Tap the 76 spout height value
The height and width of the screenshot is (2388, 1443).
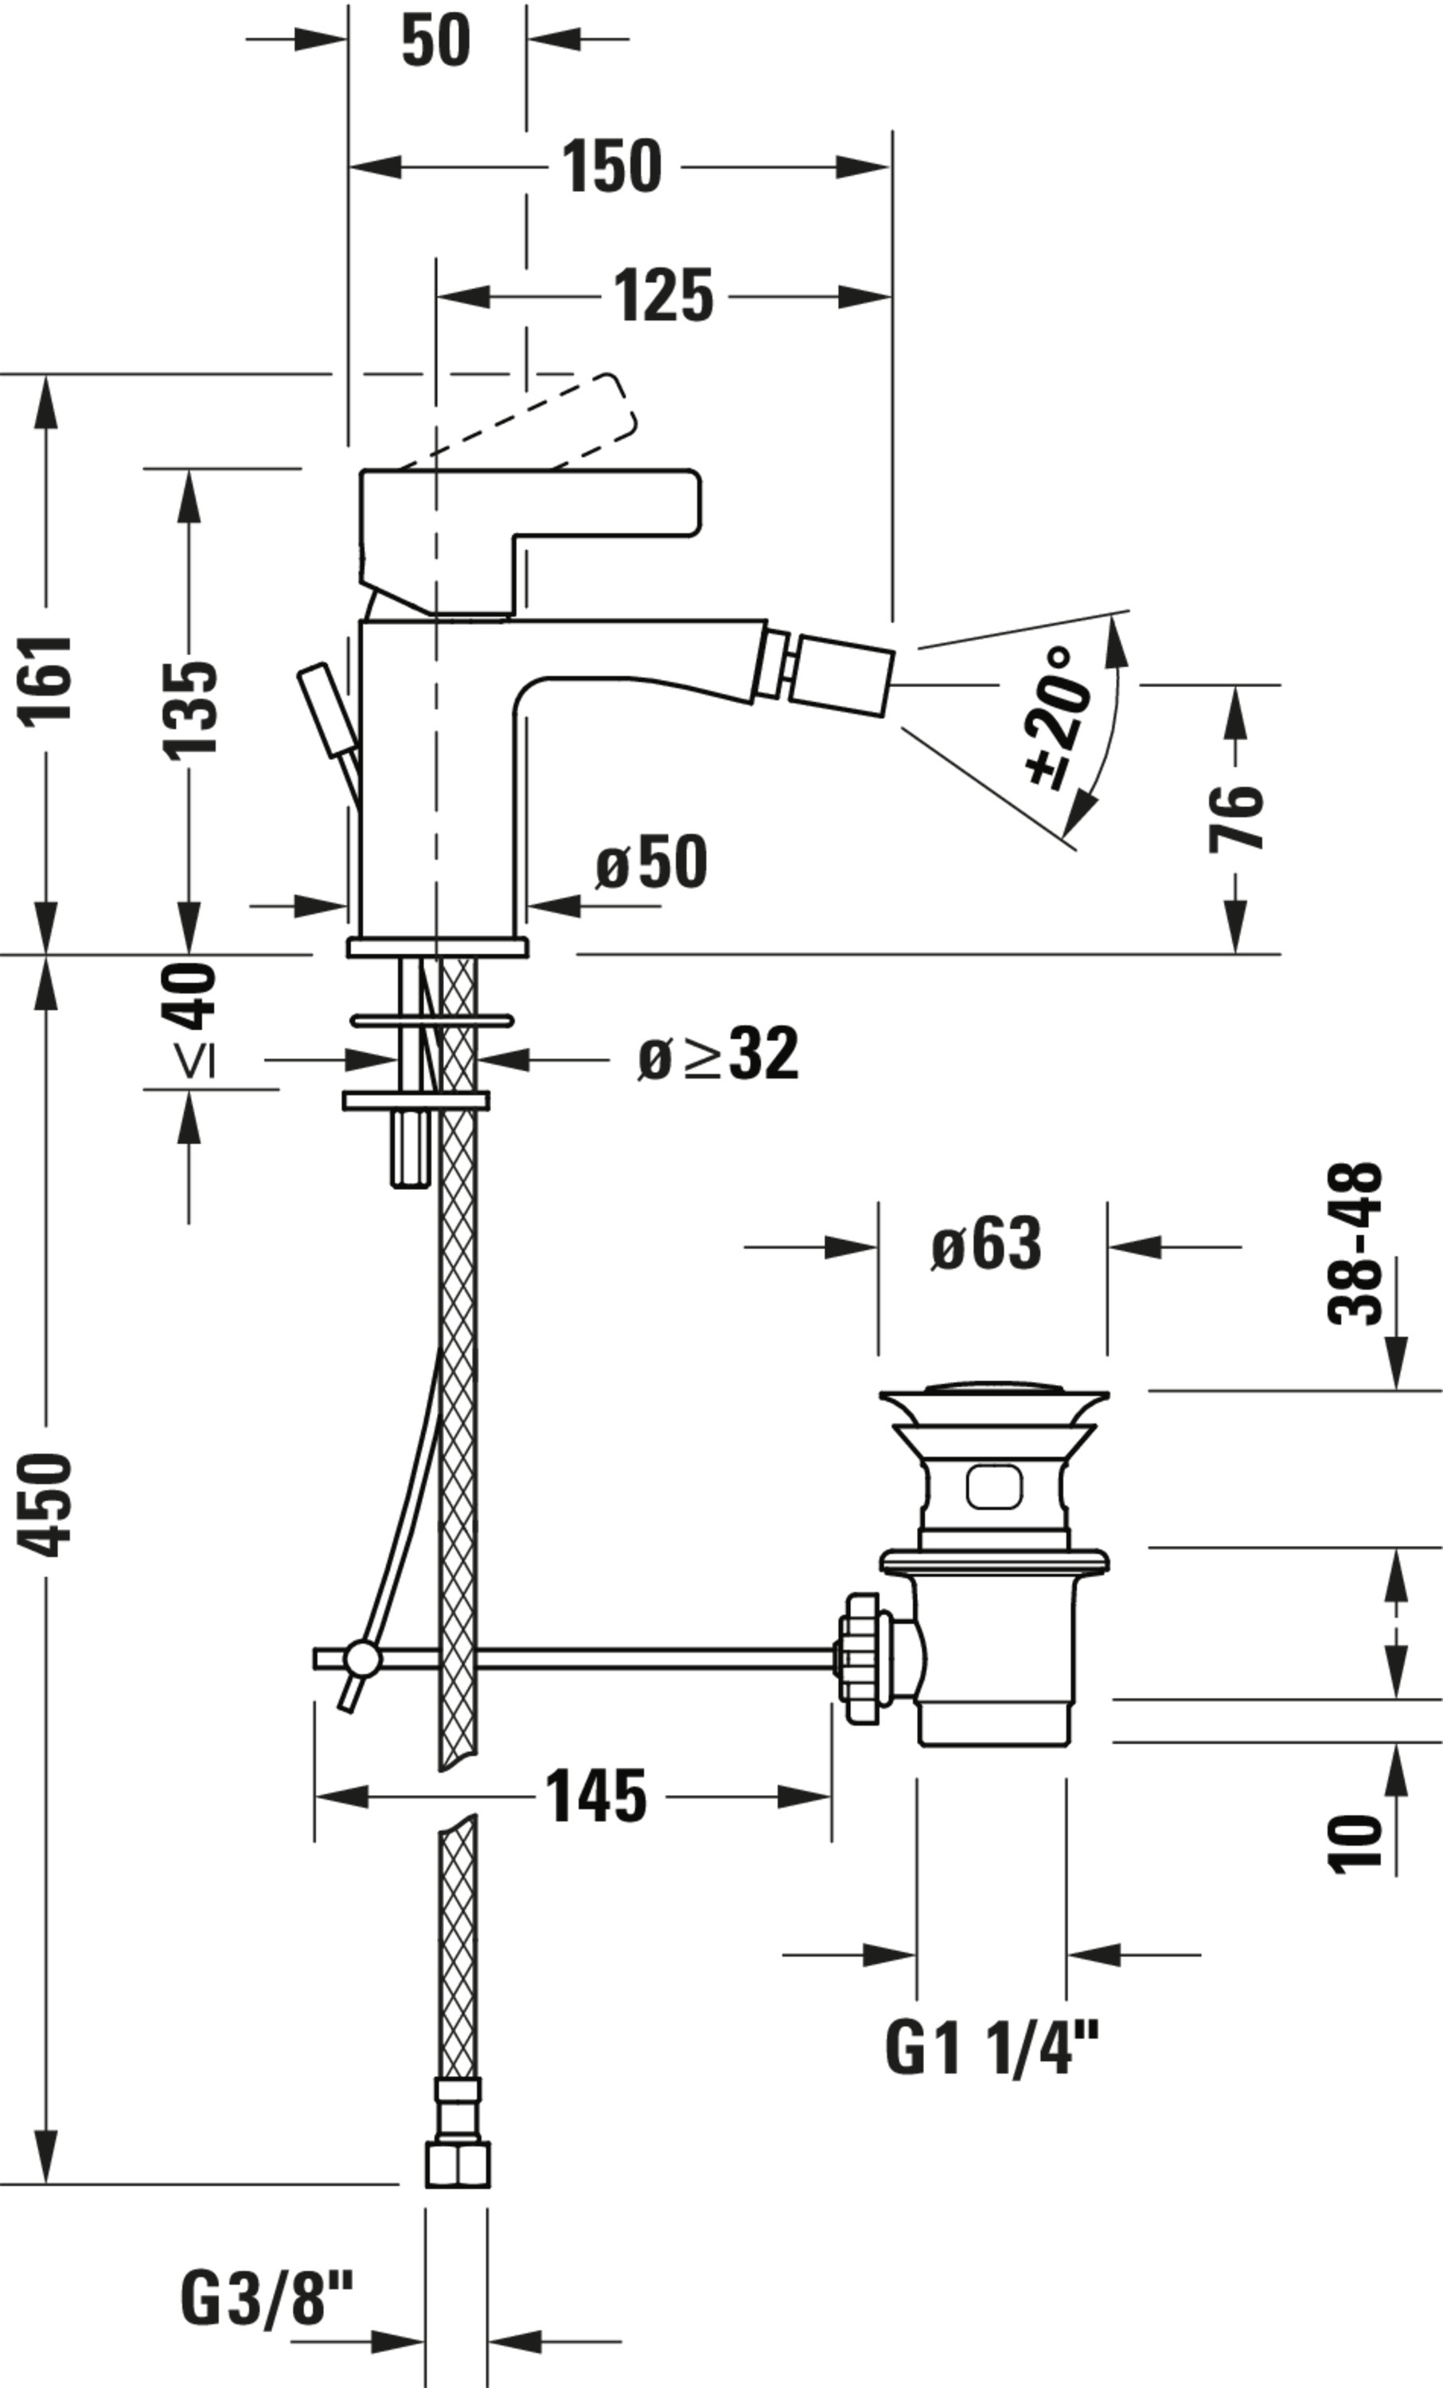click(x=1237, y=817)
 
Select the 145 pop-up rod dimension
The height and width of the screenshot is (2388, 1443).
click(x=597, y=1796)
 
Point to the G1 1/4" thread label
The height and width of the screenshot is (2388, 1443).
click(x=993, y=2048)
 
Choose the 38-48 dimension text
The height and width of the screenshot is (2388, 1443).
click(x=1354, y=1243)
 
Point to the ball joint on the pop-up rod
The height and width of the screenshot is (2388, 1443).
click(x=365, y=1659)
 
